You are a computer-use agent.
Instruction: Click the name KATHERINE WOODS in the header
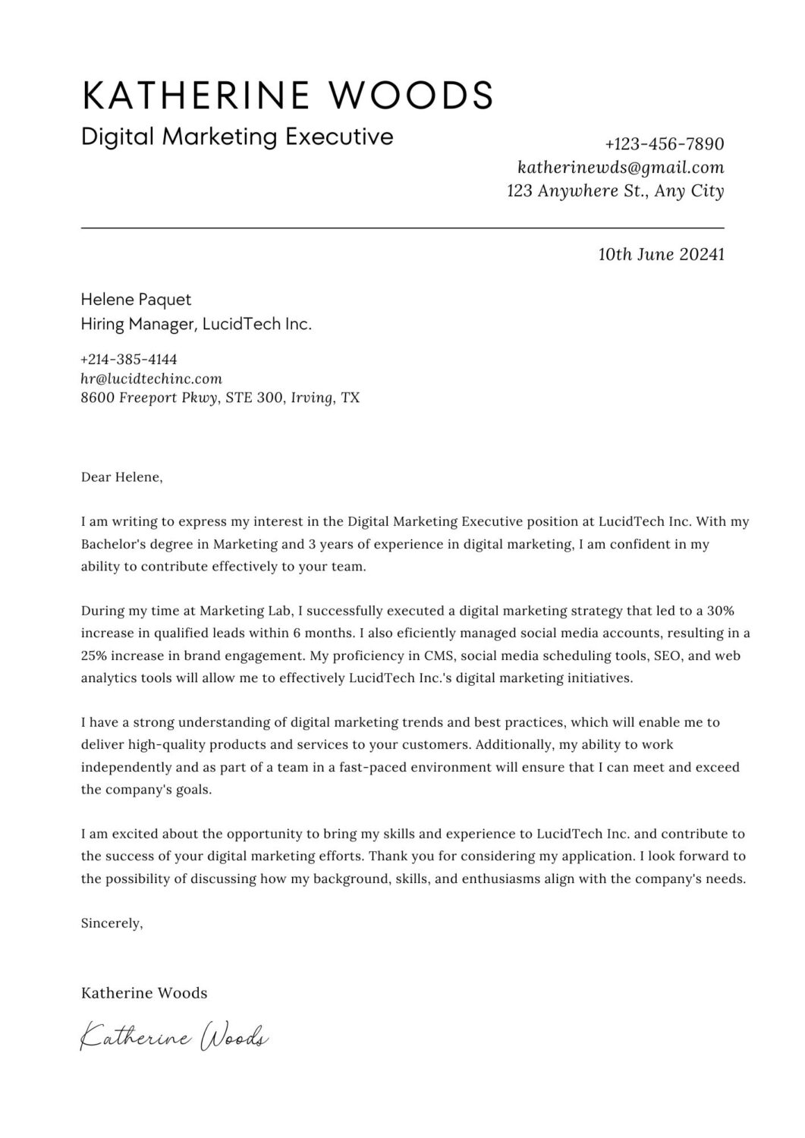tap(287, 95)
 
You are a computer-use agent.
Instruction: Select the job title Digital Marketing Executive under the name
tap(237, 137)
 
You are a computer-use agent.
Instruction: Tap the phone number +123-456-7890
tap(664, 144)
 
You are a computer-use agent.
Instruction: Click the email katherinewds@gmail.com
tap(620, 167)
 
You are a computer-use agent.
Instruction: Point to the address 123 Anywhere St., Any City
tap(615, 191)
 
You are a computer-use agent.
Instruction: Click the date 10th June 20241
tap(661, 254)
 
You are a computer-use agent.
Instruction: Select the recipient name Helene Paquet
tap(136, 300)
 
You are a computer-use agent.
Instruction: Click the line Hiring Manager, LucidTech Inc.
tap(196, 325)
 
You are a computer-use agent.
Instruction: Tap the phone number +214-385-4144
tap(129, 359)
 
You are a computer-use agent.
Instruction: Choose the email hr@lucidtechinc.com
tap(151, 378)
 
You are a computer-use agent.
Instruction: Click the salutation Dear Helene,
tap(121, 477)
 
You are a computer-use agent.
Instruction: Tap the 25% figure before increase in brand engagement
tap(95, 655)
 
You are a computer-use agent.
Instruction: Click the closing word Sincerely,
tap(112, 923)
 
